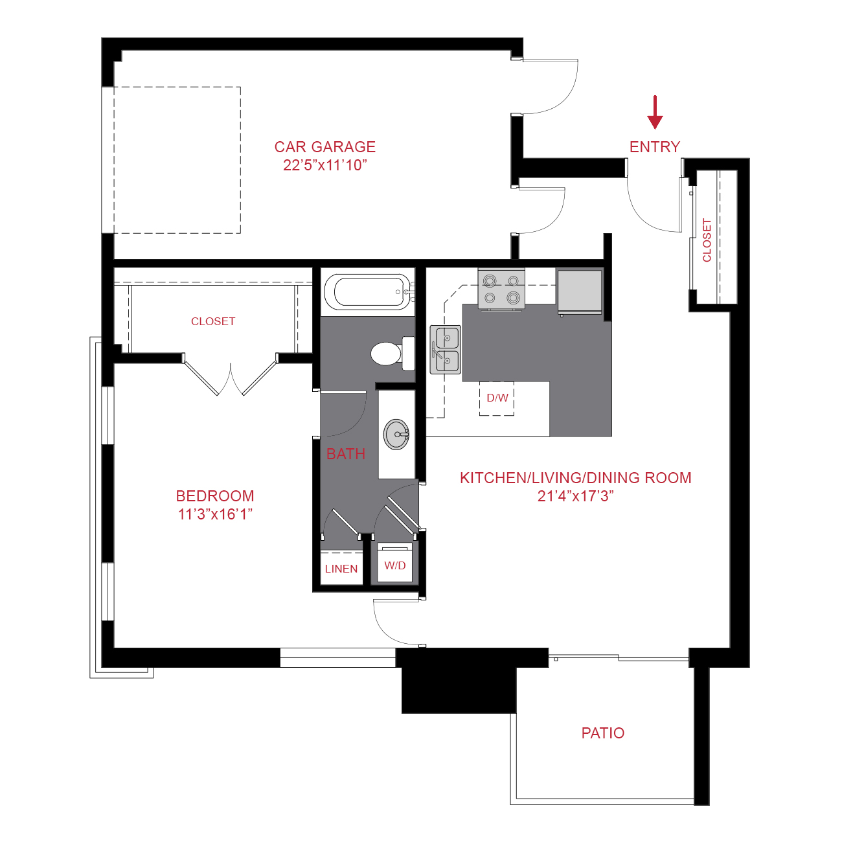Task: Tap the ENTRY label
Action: click(655, 147)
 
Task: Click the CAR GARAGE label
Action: click(324, 147)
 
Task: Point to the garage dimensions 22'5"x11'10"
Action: click(324, 165)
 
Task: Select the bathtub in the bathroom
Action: click(367, 292)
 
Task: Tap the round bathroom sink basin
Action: click(396, 434)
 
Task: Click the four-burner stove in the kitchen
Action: click(501, 289)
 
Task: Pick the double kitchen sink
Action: click(446, 350)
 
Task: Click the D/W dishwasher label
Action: click(497, 398)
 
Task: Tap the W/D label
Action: click(394, 565)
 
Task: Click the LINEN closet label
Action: click(341, 569)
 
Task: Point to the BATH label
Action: click(346, 454)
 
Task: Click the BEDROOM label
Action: click(215, 496)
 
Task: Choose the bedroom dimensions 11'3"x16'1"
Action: click(215, 514)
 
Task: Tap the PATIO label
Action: click(603, 733)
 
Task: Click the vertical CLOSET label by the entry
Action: click(707, 240)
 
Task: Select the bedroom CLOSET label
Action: click(213, 321)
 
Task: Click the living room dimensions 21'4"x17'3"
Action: click(575, 496)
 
